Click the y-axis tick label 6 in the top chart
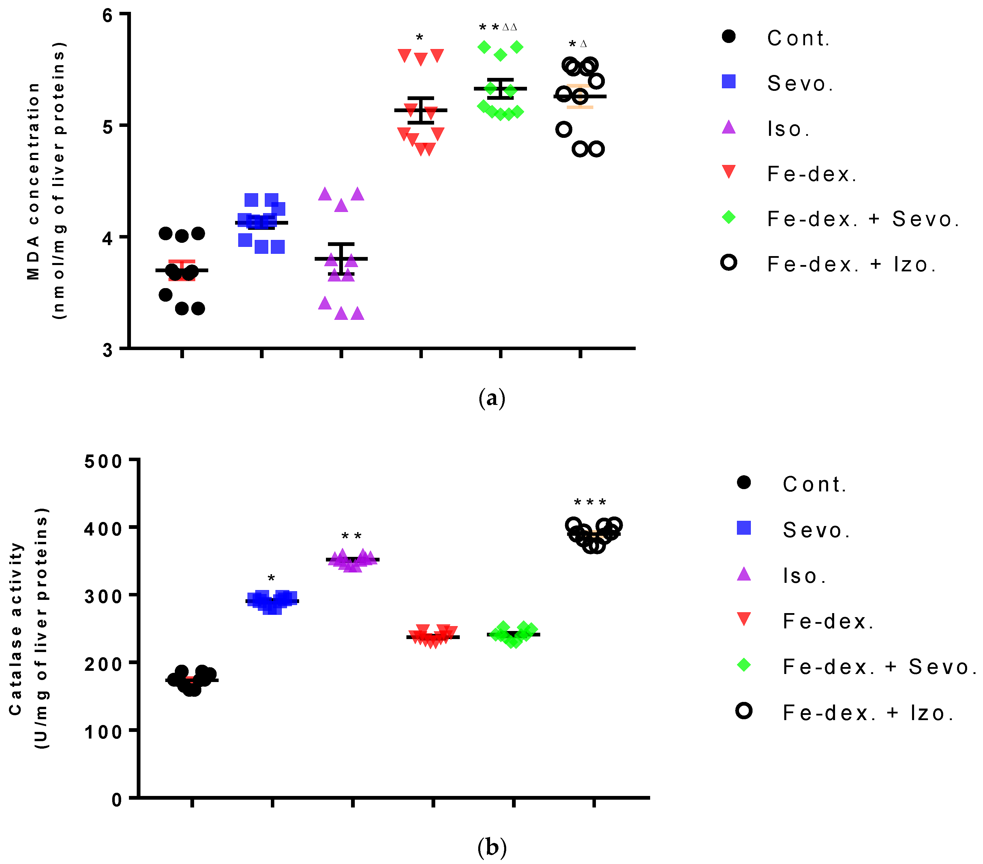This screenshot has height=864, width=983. (x=107, y=15)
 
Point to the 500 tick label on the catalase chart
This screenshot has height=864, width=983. (x=103, y=462)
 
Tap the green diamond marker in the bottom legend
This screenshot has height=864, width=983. (x=744, y=665)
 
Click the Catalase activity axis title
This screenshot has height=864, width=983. (x=16, y=628)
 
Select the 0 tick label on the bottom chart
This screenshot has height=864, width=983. (x=117, y=800)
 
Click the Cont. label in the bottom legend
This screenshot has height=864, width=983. (x=815, y=484)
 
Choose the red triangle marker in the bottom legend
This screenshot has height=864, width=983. (x=744, y=619)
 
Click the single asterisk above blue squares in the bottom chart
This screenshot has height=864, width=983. (x=271, y=578)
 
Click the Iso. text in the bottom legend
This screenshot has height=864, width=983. (x=804, y=576)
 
